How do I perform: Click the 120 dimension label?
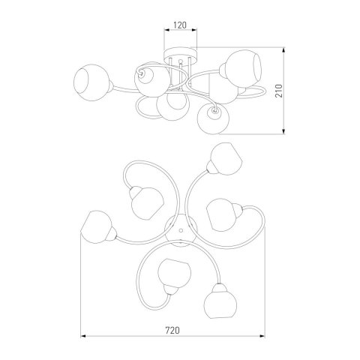[x=180, y=25]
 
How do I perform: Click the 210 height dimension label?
[x=279, y=91]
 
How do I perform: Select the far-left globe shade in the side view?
[x=91, y=82]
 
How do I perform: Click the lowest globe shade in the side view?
[x=213, y=118]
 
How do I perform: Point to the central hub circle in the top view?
[x=181, y=230]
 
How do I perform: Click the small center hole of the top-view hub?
[x=181, y=229]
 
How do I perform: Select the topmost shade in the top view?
[x=226, y=159]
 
